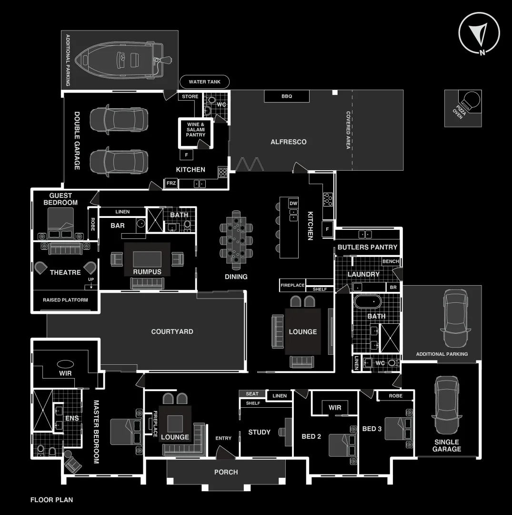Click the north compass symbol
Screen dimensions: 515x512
(479, 33)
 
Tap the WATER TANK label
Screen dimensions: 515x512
(204, 82)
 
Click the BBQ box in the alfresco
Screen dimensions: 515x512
(287, 96)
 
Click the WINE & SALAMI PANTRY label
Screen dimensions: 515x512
(196, 130)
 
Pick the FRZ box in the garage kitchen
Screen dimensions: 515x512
(171, 184)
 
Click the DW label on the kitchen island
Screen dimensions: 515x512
(293, 203)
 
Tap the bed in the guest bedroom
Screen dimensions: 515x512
(60, 224)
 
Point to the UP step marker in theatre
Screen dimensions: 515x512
(91, 279)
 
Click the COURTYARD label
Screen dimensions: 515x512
(172, 331)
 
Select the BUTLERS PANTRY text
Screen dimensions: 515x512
(367, 247)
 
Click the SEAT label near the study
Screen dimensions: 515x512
(252, 394)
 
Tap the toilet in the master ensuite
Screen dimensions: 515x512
(41, 450)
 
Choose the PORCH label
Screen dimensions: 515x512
(226, 472)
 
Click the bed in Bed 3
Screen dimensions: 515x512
(396, 428)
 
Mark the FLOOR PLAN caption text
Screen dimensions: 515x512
(51, 500)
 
